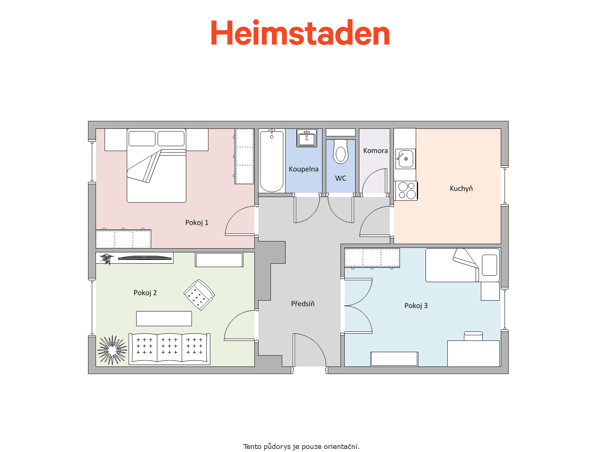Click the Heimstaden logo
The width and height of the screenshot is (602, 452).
[x=300, y=32]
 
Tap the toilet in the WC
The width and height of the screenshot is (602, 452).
[x=341, y=151]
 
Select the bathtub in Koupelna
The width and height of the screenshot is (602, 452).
[x=272, y=161]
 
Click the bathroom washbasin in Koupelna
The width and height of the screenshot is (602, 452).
[x=307, y=138]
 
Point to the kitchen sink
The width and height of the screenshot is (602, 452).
[x=405, y=159]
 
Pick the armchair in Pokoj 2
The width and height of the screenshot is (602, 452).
[x=199, y=295]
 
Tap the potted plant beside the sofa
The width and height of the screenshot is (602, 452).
[x=112, y=350]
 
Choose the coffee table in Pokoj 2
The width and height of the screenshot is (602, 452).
[x=164, y=319]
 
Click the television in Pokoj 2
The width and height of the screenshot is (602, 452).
[x=145, y=258]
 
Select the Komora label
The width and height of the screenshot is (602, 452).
[x=375, y=151]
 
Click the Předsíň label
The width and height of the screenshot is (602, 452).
[x=303, y=303]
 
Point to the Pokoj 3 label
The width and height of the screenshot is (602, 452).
[x=416, y=306]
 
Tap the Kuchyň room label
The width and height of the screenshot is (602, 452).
[x=461, y=188]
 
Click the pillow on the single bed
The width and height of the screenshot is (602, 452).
[x=490, y=265]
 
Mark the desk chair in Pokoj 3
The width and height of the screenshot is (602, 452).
[x=473, y=336]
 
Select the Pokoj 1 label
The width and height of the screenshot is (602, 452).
[x=197, y=223]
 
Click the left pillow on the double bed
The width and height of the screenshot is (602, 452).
[x=142, y=139]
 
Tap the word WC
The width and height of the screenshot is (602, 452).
[x=341, y=179]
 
